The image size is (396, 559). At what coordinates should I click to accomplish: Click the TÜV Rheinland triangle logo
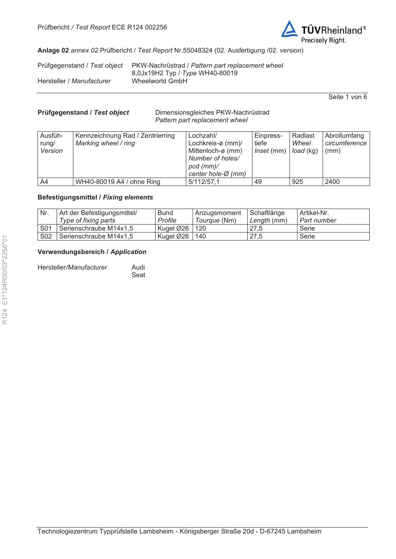coord(289,30)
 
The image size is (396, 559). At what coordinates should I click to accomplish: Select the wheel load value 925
coord(297,182)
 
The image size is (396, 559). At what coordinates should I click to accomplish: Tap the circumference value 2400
coord(332,182)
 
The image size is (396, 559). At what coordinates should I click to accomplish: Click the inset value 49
coord(258,182)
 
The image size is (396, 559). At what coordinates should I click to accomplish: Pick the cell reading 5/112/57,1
coord(204,182)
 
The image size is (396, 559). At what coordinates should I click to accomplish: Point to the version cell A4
coord(44,182)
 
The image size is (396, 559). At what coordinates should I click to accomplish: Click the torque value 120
coord(201,229)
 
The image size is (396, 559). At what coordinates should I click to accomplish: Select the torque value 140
coord(201,236)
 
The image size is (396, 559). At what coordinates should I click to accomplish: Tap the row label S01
coord(46,229)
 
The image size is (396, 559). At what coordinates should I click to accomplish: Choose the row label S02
coord(46,236)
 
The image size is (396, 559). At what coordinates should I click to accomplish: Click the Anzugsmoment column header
coord(218,213)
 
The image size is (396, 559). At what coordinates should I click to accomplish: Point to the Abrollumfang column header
coord(345,136)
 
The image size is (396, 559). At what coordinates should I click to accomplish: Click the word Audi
coord(138,268)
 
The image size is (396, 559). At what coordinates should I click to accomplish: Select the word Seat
coord(138,275)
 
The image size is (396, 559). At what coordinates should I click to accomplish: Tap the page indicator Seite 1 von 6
coord(347,97)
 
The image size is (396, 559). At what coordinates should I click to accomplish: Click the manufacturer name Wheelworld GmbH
coord(159,81)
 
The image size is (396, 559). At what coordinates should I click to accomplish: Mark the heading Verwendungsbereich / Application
coord(92,252)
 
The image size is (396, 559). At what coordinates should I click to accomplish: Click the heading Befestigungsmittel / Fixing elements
coord(95,197)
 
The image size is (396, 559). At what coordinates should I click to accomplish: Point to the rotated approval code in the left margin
coord(5,279)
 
